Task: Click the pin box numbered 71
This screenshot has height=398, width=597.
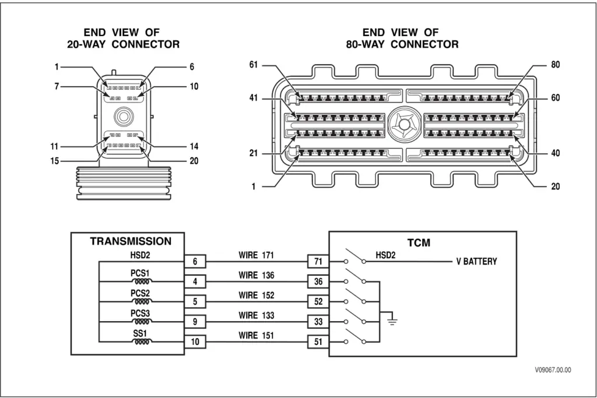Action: click(318, 262)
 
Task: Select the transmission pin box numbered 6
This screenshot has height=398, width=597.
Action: click(195, 262)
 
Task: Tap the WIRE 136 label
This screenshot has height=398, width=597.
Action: click(256, 275)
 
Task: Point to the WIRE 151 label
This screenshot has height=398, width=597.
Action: click(256, 335)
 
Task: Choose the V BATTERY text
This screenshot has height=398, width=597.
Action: click(476, 262)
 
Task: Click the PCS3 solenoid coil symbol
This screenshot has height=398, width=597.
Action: click(140, 322)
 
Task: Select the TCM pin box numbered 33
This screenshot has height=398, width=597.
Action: click(318, 322)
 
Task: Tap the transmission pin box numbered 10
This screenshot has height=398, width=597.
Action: click(195, 342)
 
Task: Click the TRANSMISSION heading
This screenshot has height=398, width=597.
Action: click(131, 241)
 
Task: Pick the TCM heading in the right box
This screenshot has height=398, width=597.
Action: click(419, 242)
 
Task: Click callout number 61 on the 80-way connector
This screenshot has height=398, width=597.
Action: click(253, 65)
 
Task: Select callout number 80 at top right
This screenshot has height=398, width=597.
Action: click(555, 65)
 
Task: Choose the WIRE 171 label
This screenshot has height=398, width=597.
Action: click(256, 255)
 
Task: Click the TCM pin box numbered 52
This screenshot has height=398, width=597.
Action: click(318, 302)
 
